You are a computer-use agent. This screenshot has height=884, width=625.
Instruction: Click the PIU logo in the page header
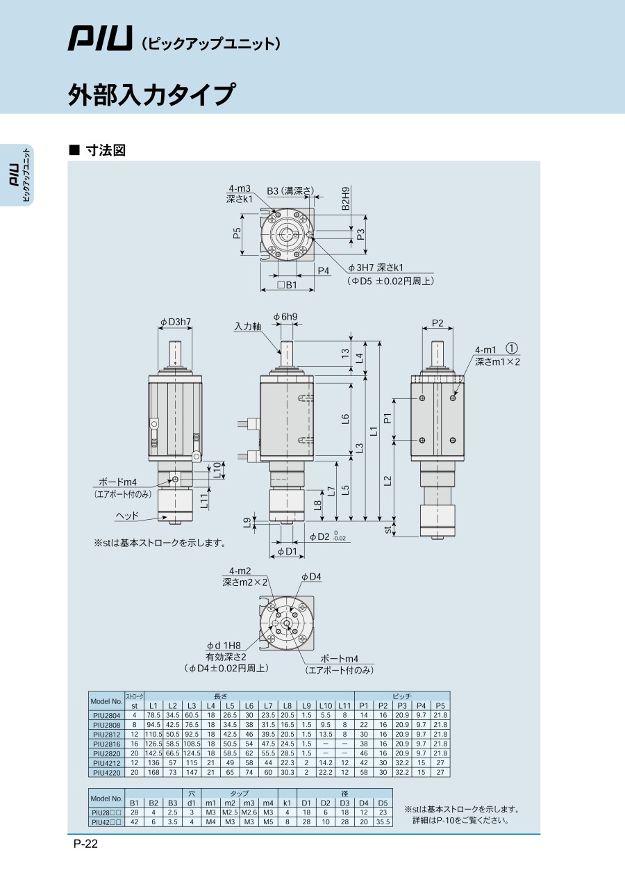[x=100, y=39]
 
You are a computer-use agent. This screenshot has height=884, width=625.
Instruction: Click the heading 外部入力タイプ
[x=152, y=95]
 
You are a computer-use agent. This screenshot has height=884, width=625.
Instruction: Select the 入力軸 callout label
[x=248, y=327]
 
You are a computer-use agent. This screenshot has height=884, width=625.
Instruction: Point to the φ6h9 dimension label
[x=285, y=316]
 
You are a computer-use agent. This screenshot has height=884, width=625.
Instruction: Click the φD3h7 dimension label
[x=176, y=322]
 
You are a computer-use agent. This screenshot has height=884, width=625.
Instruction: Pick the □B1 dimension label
[x=287, y=284]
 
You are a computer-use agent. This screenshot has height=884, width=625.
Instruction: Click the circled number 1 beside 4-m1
[x=511, y=348]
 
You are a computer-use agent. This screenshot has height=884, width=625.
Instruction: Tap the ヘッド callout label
[x=127, y=516]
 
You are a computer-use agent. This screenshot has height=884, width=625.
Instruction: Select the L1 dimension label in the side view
[x=374, y=432]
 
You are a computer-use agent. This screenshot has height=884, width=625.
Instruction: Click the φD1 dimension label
[x=287, y=551]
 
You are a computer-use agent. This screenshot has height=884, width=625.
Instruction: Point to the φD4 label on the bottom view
[x=311, y=577]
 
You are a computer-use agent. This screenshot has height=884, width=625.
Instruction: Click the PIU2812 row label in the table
[x=106, y=735]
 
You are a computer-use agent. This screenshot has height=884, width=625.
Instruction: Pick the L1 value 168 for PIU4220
[x=153, y=772]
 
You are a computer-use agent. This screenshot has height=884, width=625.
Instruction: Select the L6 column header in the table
[x=249, y=705]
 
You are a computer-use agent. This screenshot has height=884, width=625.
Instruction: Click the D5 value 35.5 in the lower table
[x=383, y=822]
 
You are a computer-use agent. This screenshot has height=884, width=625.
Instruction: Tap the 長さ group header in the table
[x=220, y=696]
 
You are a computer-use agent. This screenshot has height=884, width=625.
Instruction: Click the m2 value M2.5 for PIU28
[x=230, y=812]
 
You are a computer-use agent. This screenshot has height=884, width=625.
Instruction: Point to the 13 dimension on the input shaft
[x=345, y=353]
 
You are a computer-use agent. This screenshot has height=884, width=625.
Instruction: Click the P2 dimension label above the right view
[x=437, y=323]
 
